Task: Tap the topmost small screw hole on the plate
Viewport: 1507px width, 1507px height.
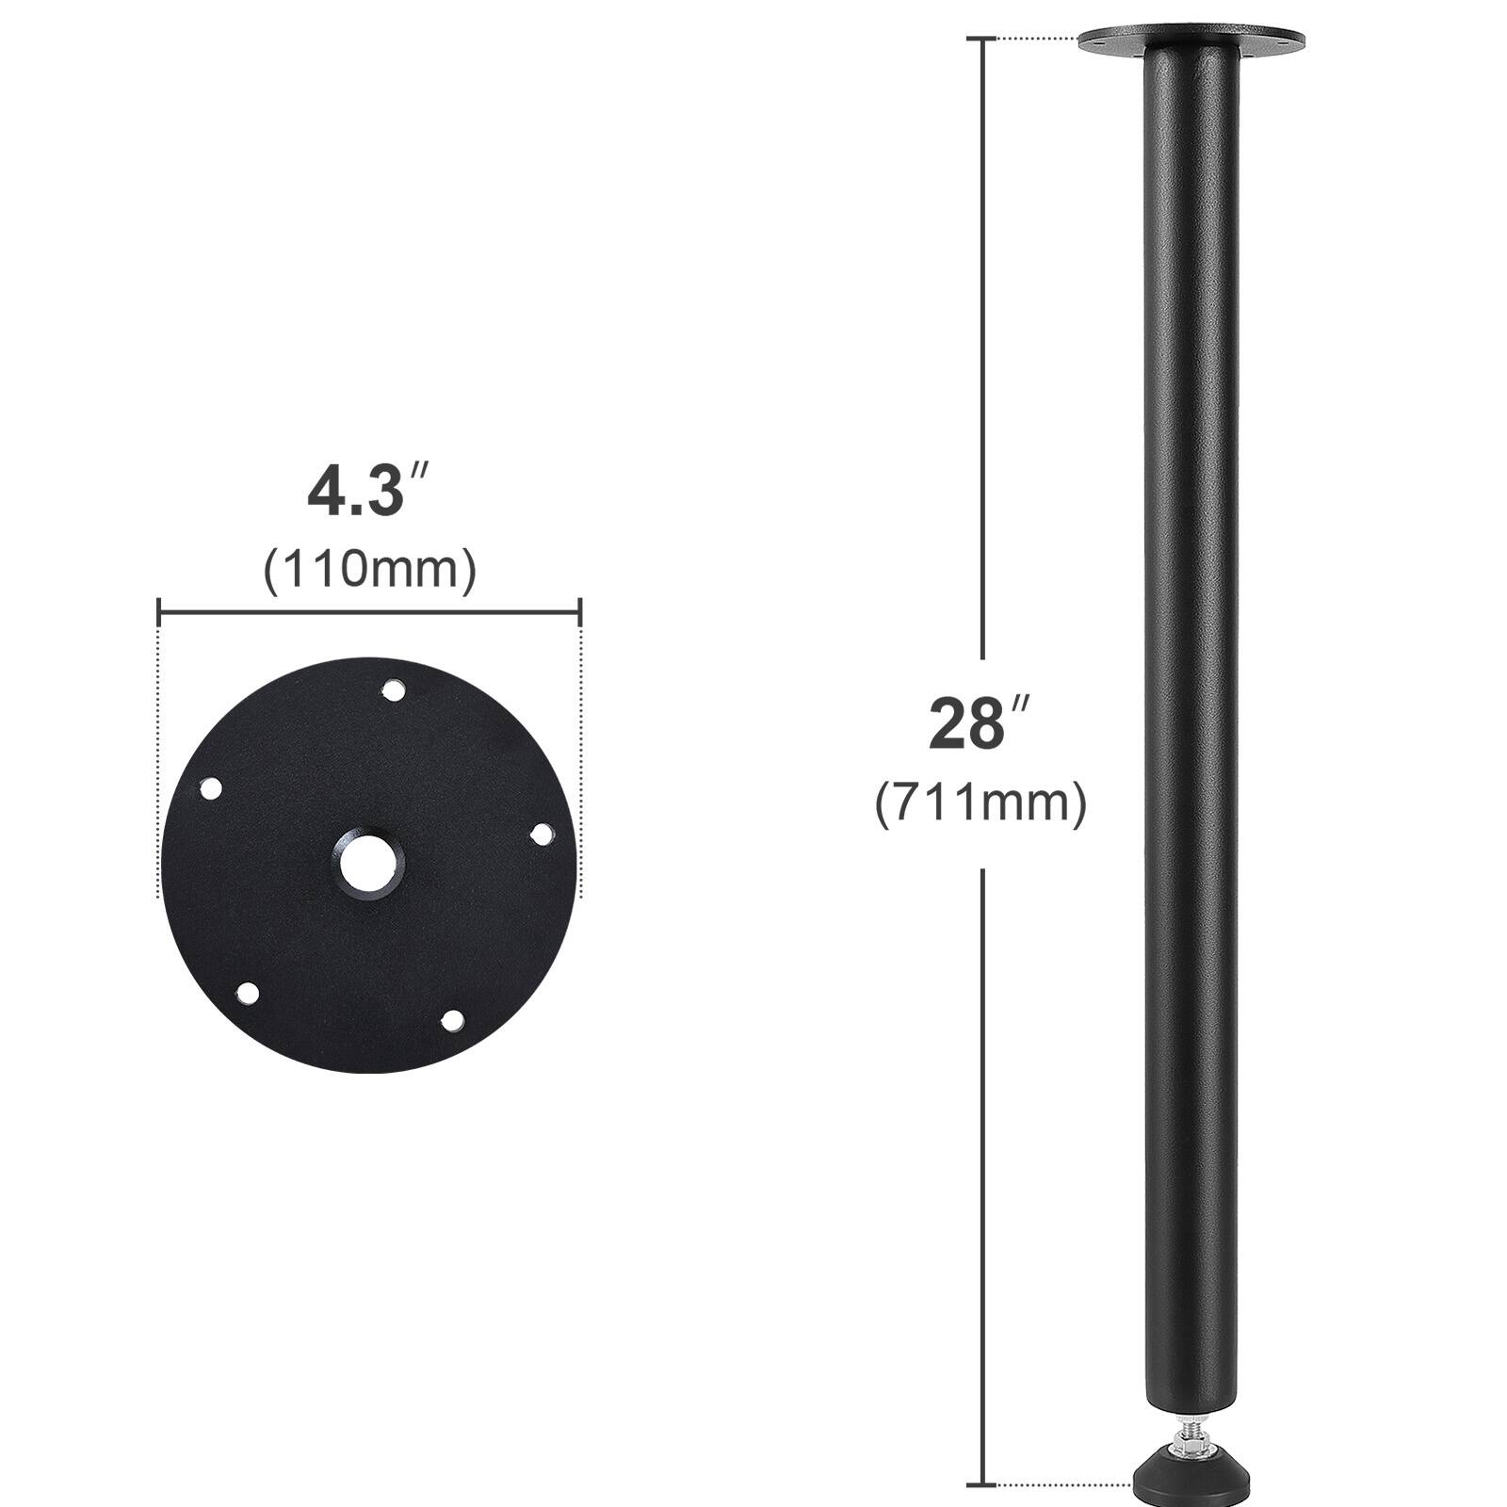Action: (393, 691)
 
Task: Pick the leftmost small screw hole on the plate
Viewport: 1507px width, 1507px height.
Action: (211, 788)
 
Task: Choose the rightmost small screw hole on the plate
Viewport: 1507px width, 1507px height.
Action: (543, 835)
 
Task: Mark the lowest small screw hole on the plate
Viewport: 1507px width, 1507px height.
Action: (452, 1020)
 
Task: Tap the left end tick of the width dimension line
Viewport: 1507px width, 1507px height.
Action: (159, 613)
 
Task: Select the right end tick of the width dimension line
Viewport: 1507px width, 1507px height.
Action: (579, 613)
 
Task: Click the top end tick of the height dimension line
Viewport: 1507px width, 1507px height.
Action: (983, 40)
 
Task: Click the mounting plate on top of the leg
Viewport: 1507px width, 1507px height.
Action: (1191, 41)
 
